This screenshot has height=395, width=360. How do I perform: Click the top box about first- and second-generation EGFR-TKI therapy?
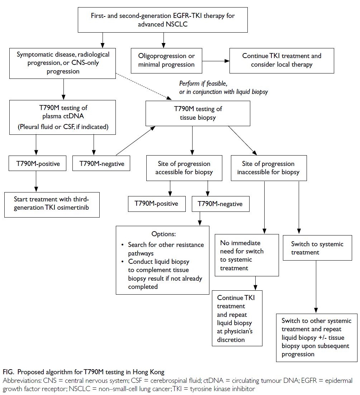click(162, 20)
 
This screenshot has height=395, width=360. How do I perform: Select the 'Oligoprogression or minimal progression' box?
click(166, 61)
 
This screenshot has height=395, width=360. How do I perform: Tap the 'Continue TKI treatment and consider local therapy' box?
click(281, 61)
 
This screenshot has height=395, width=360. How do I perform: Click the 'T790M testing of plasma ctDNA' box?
click(62, 117)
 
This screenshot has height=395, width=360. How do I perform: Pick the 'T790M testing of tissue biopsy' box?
click(198, 113)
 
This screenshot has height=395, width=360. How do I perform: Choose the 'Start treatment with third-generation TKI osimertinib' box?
click(52, 205)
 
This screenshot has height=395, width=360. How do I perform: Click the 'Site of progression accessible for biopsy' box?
click(184, 168)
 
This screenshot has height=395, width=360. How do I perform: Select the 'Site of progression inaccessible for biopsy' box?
click(269, 168)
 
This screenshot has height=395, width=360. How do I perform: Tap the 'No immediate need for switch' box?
click(247, 255)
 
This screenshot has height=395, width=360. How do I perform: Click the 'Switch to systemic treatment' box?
click(317, 248)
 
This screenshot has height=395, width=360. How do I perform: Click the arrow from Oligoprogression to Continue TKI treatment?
click(215, 61)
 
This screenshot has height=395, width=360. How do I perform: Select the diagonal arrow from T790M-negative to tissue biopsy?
click(135, 141)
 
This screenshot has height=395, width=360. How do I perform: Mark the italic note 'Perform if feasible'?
click(203, 84)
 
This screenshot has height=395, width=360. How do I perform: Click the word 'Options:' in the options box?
click(164, 234)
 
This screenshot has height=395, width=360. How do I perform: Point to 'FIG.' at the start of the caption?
click(9, 372)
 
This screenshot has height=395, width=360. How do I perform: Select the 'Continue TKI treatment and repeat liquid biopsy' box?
click(237, 318)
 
